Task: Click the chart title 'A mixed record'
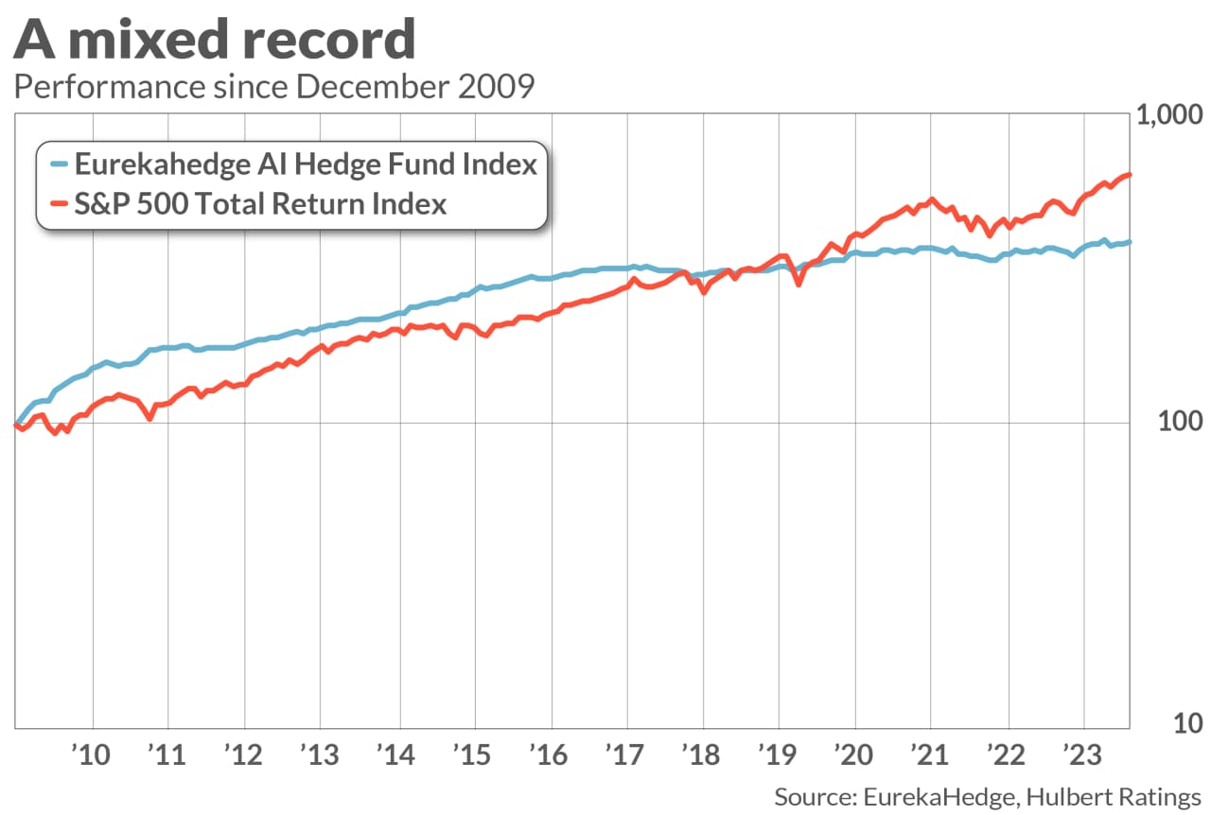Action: pos(216,40)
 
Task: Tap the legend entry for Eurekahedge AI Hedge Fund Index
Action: pos(305,165)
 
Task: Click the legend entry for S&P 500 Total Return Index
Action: pos(260,203)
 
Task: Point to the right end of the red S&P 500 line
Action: pos(1130,175)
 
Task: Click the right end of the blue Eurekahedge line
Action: pos(1130,242)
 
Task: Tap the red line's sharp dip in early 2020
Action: pos(799,283)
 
